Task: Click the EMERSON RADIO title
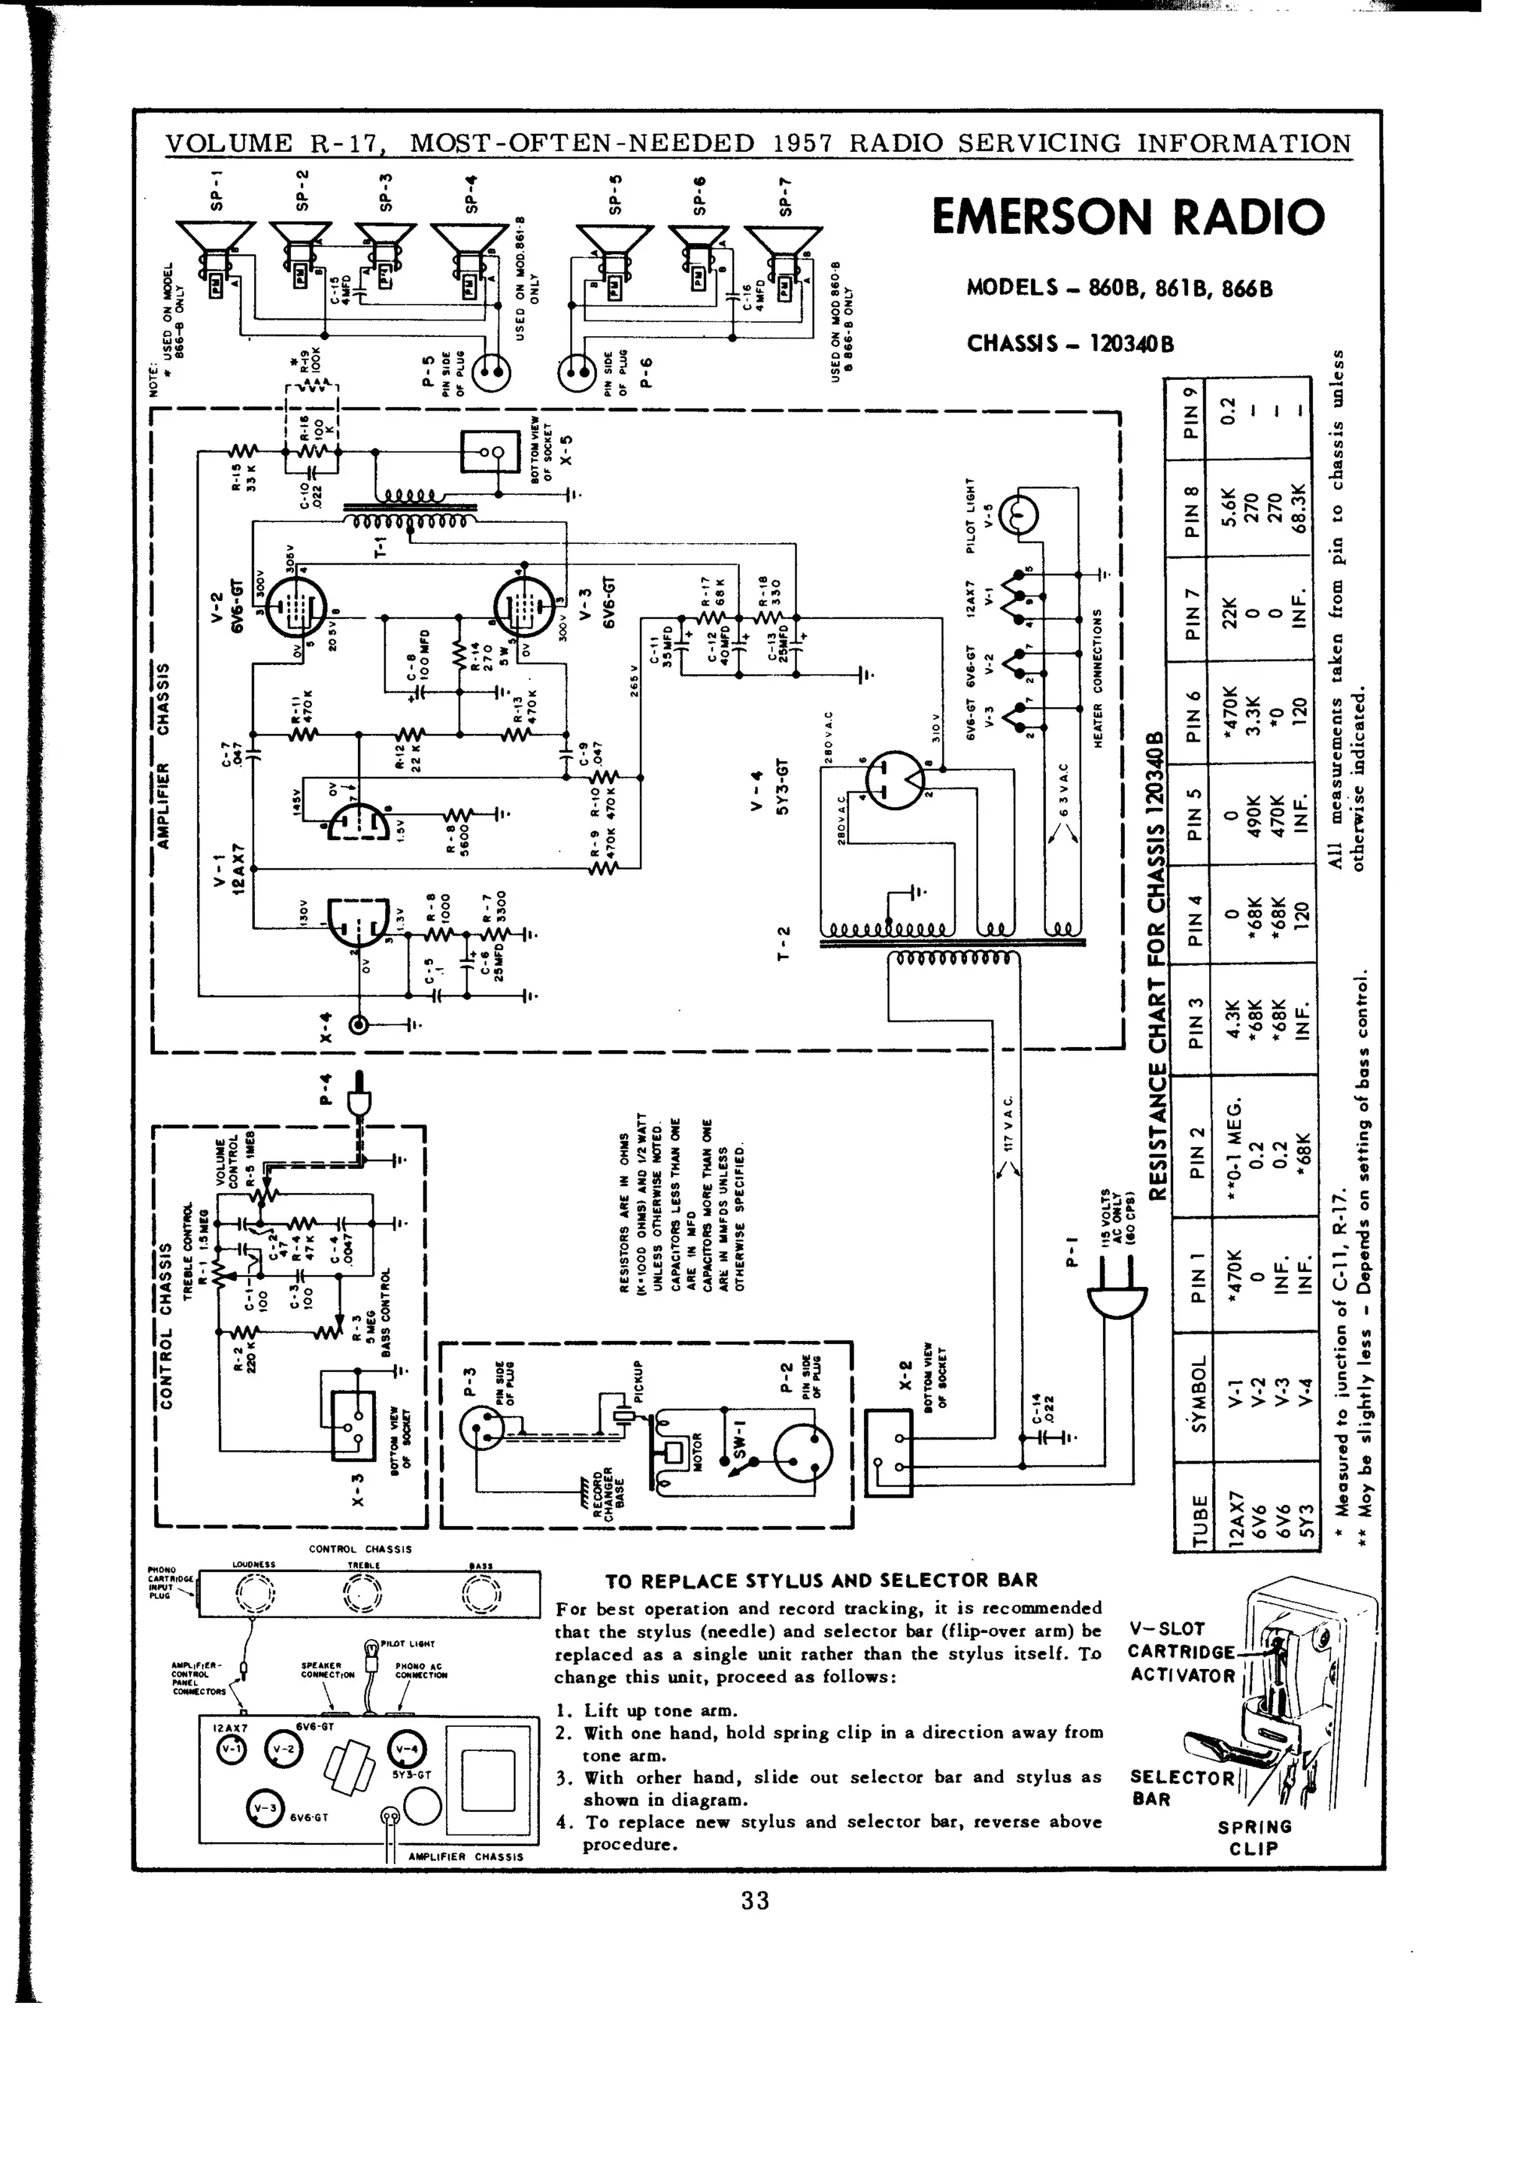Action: click(x=1127, y=217)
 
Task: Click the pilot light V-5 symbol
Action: click(x=1016, y=514)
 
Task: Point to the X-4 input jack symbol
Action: click(x=361, y=1025)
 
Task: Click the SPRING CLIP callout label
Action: click(x=1254, y=1838)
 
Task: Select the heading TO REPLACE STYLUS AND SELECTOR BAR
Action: click(x=822, y=1581)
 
